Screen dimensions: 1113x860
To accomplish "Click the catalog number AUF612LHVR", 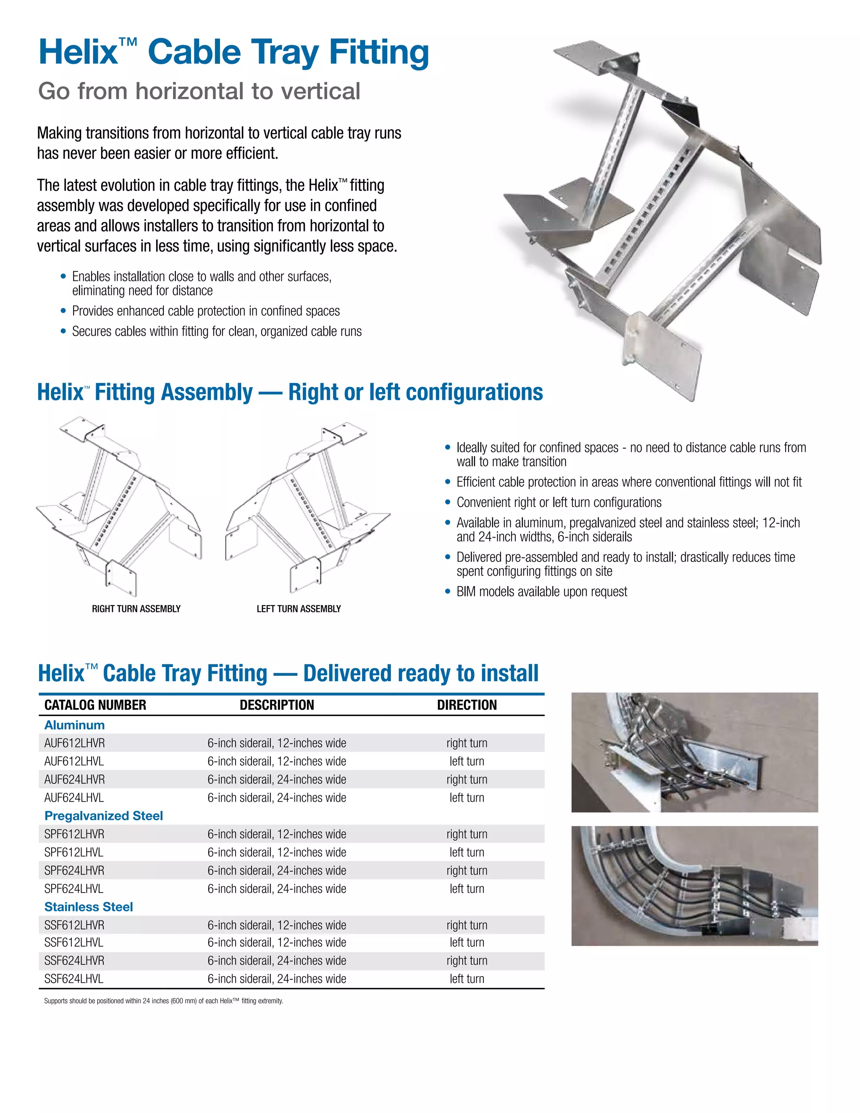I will pos(74,743).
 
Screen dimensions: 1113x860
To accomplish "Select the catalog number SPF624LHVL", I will pos(74,889).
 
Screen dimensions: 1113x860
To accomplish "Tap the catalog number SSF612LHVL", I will pos(74,942).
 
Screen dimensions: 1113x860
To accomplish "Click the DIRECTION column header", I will pos(467,705).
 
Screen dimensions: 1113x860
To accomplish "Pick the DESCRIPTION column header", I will pos(277,705).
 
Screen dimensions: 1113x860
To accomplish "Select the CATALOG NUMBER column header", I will pos(95,705).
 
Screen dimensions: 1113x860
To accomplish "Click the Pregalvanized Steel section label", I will pos(103,816).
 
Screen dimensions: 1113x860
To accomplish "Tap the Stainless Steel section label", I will pos(89,907).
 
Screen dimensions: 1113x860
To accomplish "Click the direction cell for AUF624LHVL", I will pos(467,798).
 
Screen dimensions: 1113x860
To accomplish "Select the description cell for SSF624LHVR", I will pos(277,961).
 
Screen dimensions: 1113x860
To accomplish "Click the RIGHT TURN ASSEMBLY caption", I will pos(136,609).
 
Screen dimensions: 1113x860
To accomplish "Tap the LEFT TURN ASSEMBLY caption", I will pos(299,609).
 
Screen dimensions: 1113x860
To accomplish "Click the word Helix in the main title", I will pos(78,52).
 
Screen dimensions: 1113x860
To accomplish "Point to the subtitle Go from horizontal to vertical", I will pos(199,91).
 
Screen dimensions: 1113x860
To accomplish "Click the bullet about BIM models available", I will pos(542,592).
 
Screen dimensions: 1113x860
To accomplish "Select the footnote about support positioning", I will pos(163,1001).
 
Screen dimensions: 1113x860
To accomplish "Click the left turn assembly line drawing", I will pos(306,509).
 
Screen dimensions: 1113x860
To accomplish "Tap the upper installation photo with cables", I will pos(695,752).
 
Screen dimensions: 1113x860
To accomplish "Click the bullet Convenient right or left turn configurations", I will pos(559,502).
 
